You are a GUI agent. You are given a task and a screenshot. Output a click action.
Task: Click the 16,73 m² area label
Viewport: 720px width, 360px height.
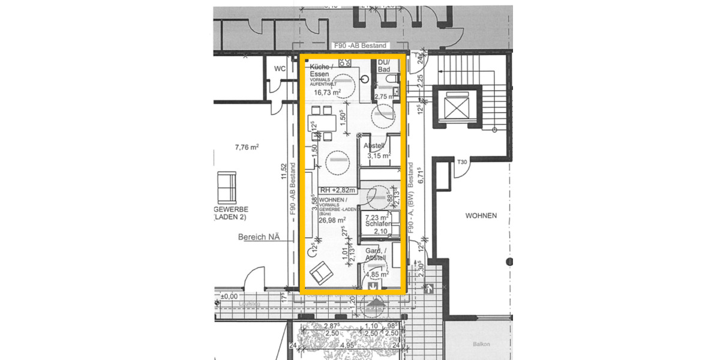(x=328, y=93)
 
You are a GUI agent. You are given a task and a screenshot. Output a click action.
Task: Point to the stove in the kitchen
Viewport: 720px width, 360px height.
(x=345, y=62)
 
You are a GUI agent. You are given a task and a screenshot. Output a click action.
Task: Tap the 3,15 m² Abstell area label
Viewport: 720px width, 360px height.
(x=378, y=155)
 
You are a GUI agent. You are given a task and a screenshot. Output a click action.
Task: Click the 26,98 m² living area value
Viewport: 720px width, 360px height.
(x=331, y=220)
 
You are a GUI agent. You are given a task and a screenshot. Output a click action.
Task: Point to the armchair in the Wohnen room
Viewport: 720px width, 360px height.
(x=320, y=274)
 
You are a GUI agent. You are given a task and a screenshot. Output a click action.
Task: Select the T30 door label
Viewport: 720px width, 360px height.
(x=462, y=163)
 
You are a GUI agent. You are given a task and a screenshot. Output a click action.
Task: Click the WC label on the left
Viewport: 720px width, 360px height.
(x=279, y=69)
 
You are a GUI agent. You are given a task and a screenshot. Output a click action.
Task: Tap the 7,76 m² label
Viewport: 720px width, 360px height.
(x=247, y=147)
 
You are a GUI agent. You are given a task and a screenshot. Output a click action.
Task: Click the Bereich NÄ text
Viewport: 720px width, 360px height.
(x=259, y=238)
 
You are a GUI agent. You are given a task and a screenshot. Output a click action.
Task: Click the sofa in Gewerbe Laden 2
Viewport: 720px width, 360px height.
(x=227, y=186)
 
